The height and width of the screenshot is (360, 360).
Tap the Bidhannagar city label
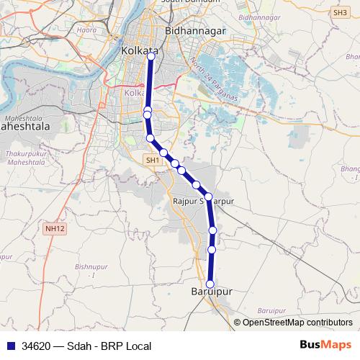(x=197, y=32)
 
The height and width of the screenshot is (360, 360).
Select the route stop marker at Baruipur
(x=211, y=284)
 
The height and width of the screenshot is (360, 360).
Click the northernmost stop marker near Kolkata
(x=150, y=58)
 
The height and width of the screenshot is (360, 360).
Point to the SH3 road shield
(x=341, y=12)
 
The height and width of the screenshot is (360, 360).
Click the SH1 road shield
(x=152, y=160)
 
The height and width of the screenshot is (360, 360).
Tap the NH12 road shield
(x=54, y=228)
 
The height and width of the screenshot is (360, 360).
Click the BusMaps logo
(x=326, y=346)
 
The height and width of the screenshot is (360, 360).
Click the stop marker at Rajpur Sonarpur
(x=208, y=197)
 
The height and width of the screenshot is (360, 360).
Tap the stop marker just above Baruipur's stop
(x=212, y=250)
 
